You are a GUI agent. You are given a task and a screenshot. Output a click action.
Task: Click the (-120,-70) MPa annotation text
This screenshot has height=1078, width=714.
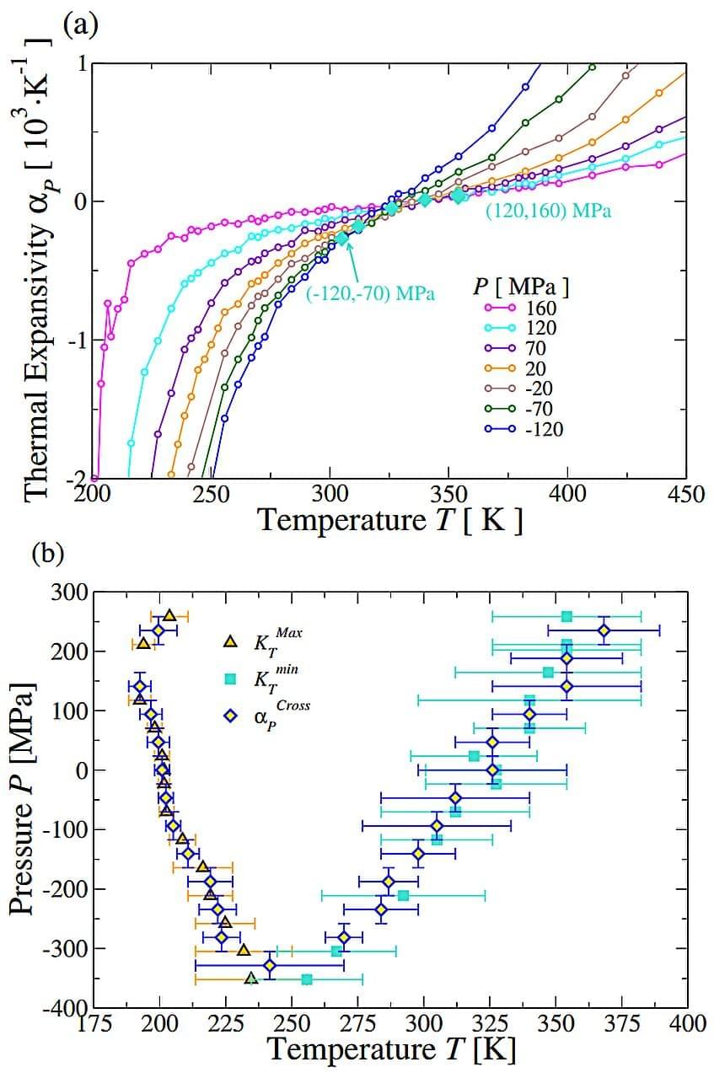[371, 293]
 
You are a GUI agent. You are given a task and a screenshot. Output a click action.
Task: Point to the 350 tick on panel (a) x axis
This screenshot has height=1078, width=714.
[448, 493]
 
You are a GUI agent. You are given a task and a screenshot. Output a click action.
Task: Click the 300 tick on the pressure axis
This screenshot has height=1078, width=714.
[71, 593]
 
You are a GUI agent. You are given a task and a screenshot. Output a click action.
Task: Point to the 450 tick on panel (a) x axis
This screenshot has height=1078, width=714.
[685, 493]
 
